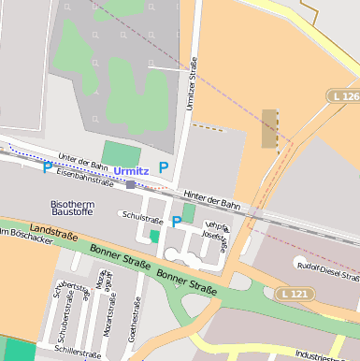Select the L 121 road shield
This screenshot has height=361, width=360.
click(x=295, y=294)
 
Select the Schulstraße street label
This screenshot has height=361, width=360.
click(x=142, y=216)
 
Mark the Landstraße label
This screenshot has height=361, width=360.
click(x=52, y=229)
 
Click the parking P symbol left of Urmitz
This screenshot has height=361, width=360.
click(x=48, y=168)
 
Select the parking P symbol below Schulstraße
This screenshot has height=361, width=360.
click(x=176, y=222)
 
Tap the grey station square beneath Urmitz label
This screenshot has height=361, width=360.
click(x=130, y=185)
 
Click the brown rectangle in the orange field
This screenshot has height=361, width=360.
click(x=269, y=129)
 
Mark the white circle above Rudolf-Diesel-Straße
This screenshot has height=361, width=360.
click(x=299, y=261)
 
